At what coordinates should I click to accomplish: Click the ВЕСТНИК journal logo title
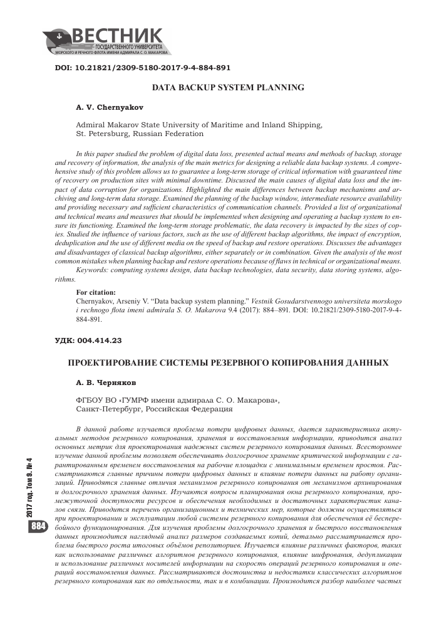[x=119, y=36]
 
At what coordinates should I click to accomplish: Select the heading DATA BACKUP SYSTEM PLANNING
[x=229, y=88]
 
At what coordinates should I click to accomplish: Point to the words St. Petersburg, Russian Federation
[x=140, y=134]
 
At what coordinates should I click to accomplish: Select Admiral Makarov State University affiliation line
[x=199, y=125]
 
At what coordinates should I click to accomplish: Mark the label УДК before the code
[x=66, y=341]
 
